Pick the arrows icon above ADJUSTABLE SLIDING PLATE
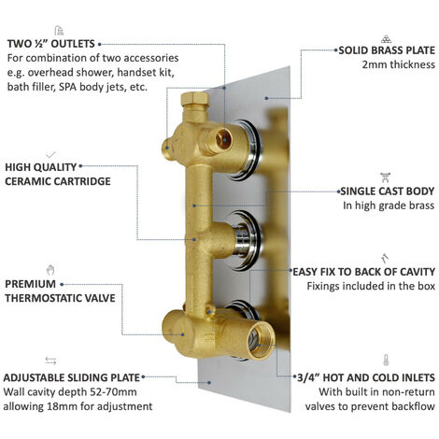tap(50, 361)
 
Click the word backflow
tap(412, 409)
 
